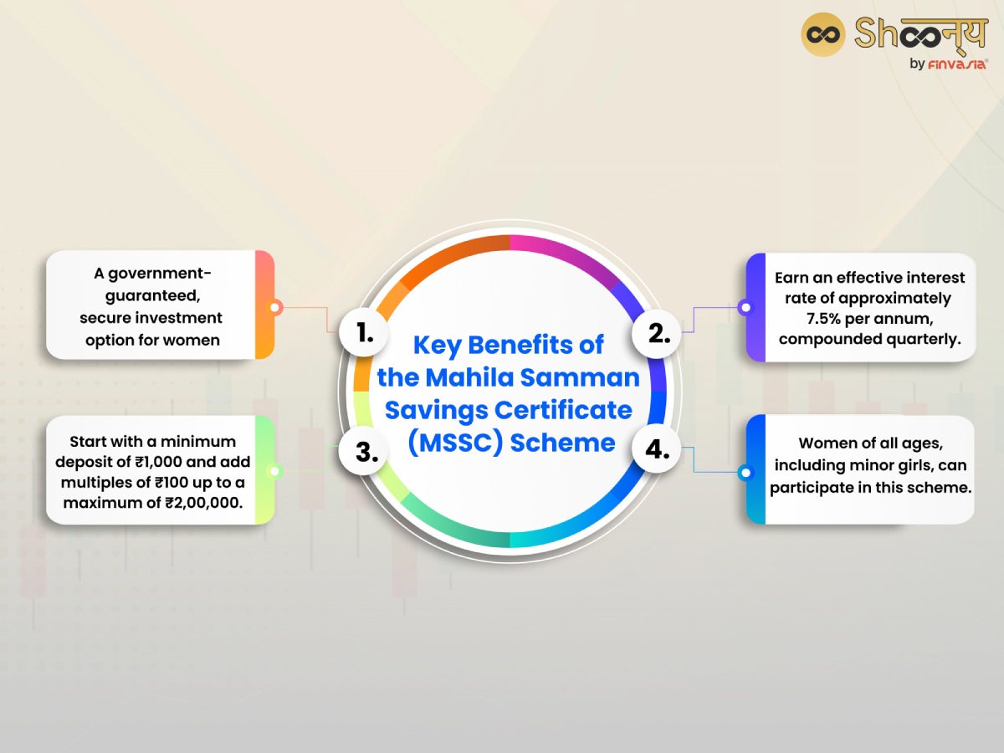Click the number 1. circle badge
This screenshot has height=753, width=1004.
tap(365, 333)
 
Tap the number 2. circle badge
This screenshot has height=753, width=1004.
tap(659, 333)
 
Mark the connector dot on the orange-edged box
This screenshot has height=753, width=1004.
tap(274, 308)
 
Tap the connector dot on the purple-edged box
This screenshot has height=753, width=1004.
tap(745, 308)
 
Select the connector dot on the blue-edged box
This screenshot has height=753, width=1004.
tap(745, 474)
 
